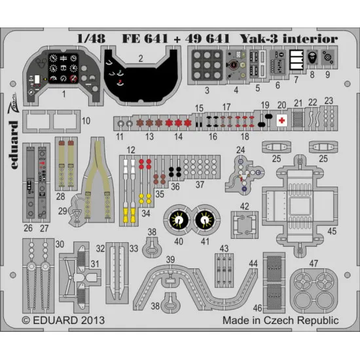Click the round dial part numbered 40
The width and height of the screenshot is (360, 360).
(177, 219)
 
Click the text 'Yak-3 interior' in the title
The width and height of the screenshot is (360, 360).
(298, 39)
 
